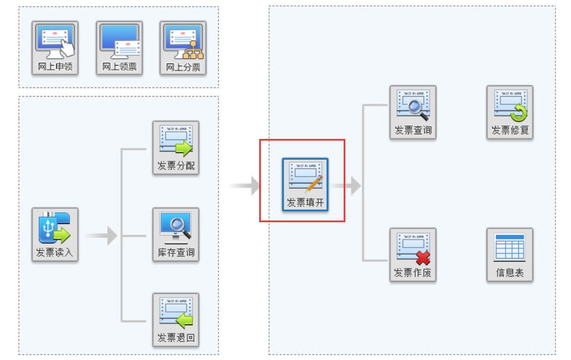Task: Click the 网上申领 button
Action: (55, 49)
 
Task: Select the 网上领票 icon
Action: (119, 49)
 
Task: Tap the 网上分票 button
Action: (183, 49)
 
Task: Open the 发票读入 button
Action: (55, 234)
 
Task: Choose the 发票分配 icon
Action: (176, 148)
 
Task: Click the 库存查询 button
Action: (176, 234)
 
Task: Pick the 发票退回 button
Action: (176, 319)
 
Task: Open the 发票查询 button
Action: (412, 112)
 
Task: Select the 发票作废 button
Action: (412, 255)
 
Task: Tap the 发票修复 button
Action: (510, 112)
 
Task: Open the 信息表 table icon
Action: (510, 255)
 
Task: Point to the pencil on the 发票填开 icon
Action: (314, 183)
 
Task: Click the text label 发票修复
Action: (510, 131)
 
